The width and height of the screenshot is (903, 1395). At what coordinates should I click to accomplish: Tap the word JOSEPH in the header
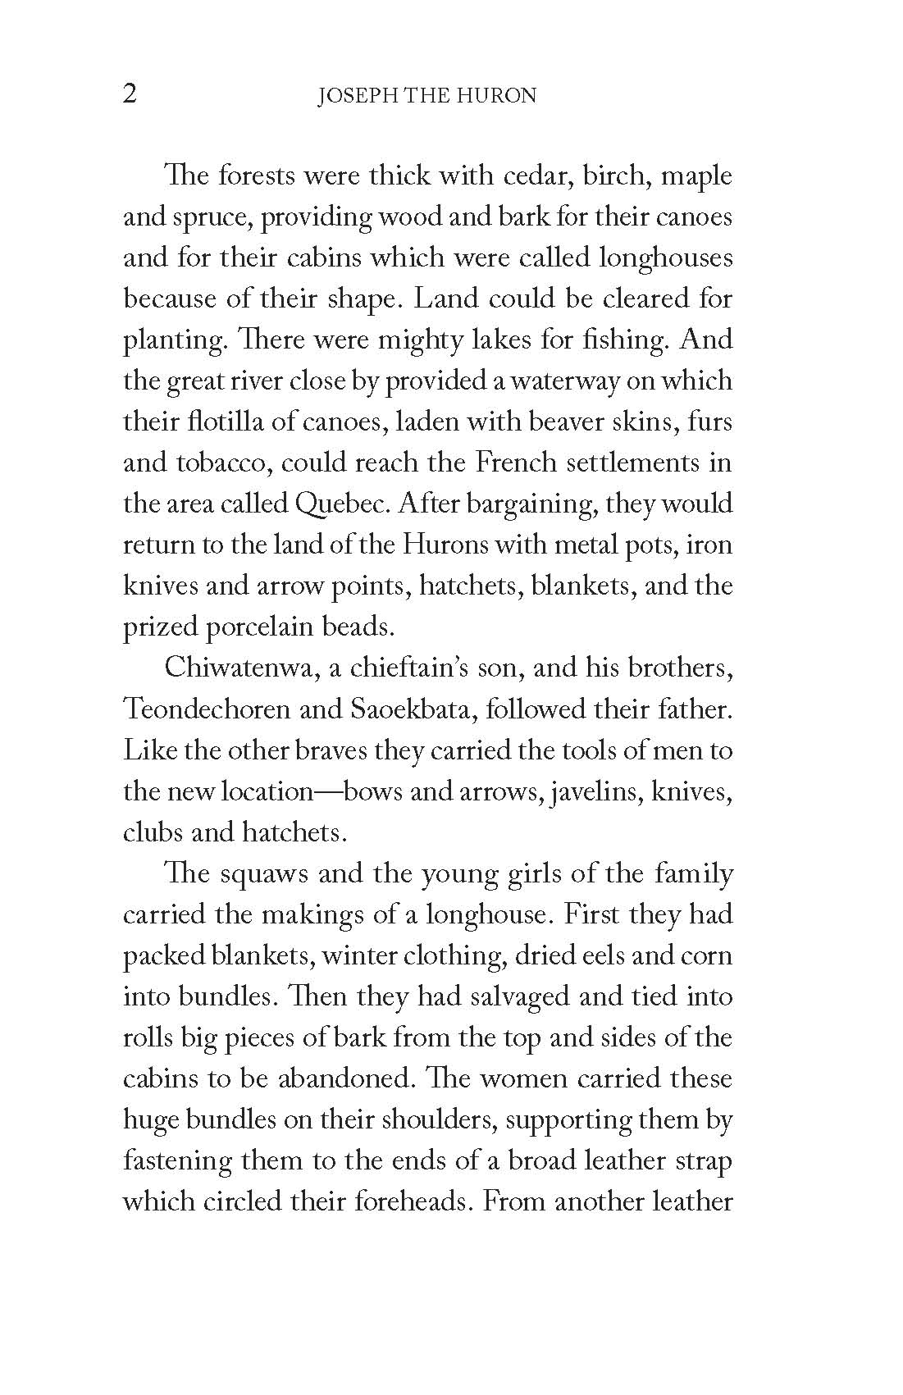click(348, 96)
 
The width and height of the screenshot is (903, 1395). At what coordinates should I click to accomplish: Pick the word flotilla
click(221, 422)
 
